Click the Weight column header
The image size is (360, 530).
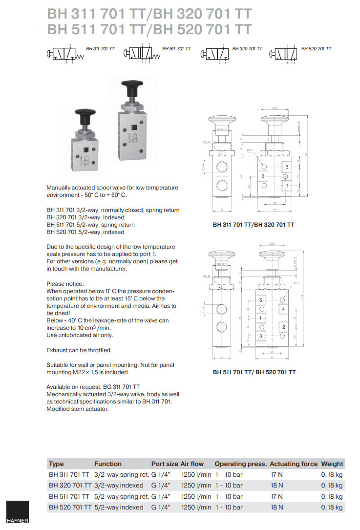coord(332,464)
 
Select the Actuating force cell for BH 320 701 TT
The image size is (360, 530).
coord(276,485)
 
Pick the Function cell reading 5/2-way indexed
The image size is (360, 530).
coord(119,507)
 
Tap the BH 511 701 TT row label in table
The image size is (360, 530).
coord(69,496)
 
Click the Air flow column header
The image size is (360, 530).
coord(192,464)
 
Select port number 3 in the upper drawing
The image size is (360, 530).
coord(287,167)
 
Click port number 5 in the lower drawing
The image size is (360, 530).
coord(261,299)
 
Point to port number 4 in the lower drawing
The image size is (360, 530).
coord(283,309)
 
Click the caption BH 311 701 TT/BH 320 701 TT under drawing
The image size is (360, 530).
coord(254,225)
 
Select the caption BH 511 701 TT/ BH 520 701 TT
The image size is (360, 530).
coord(254,372)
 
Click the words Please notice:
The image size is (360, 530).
coord(65,283)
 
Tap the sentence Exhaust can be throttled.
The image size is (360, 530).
coord(79,350)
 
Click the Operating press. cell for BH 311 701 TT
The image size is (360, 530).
coord(229,474)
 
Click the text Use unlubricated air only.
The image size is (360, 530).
coord(80,335)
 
